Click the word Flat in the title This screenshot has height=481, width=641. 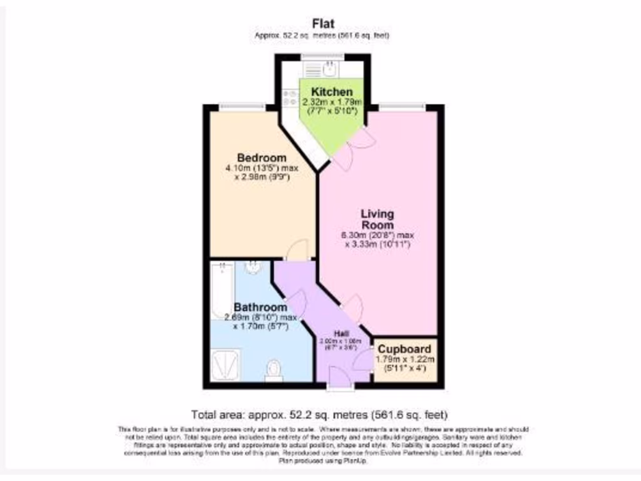[324, 24]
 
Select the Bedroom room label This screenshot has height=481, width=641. [262, 157]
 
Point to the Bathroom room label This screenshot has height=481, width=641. [260, 308]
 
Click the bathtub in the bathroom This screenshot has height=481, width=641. [222, 291]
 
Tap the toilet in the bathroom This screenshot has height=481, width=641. [274, 370]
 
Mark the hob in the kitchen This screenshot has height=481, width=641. [290, 98]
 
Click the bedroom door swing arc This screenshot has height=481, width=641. [297, 249]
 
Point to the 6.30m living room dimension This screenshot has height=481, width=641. [377, 235]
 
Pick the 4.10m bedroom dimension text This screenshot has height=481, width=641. [262, 168]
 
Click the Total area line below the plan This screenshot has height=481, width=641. [320, 415]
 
